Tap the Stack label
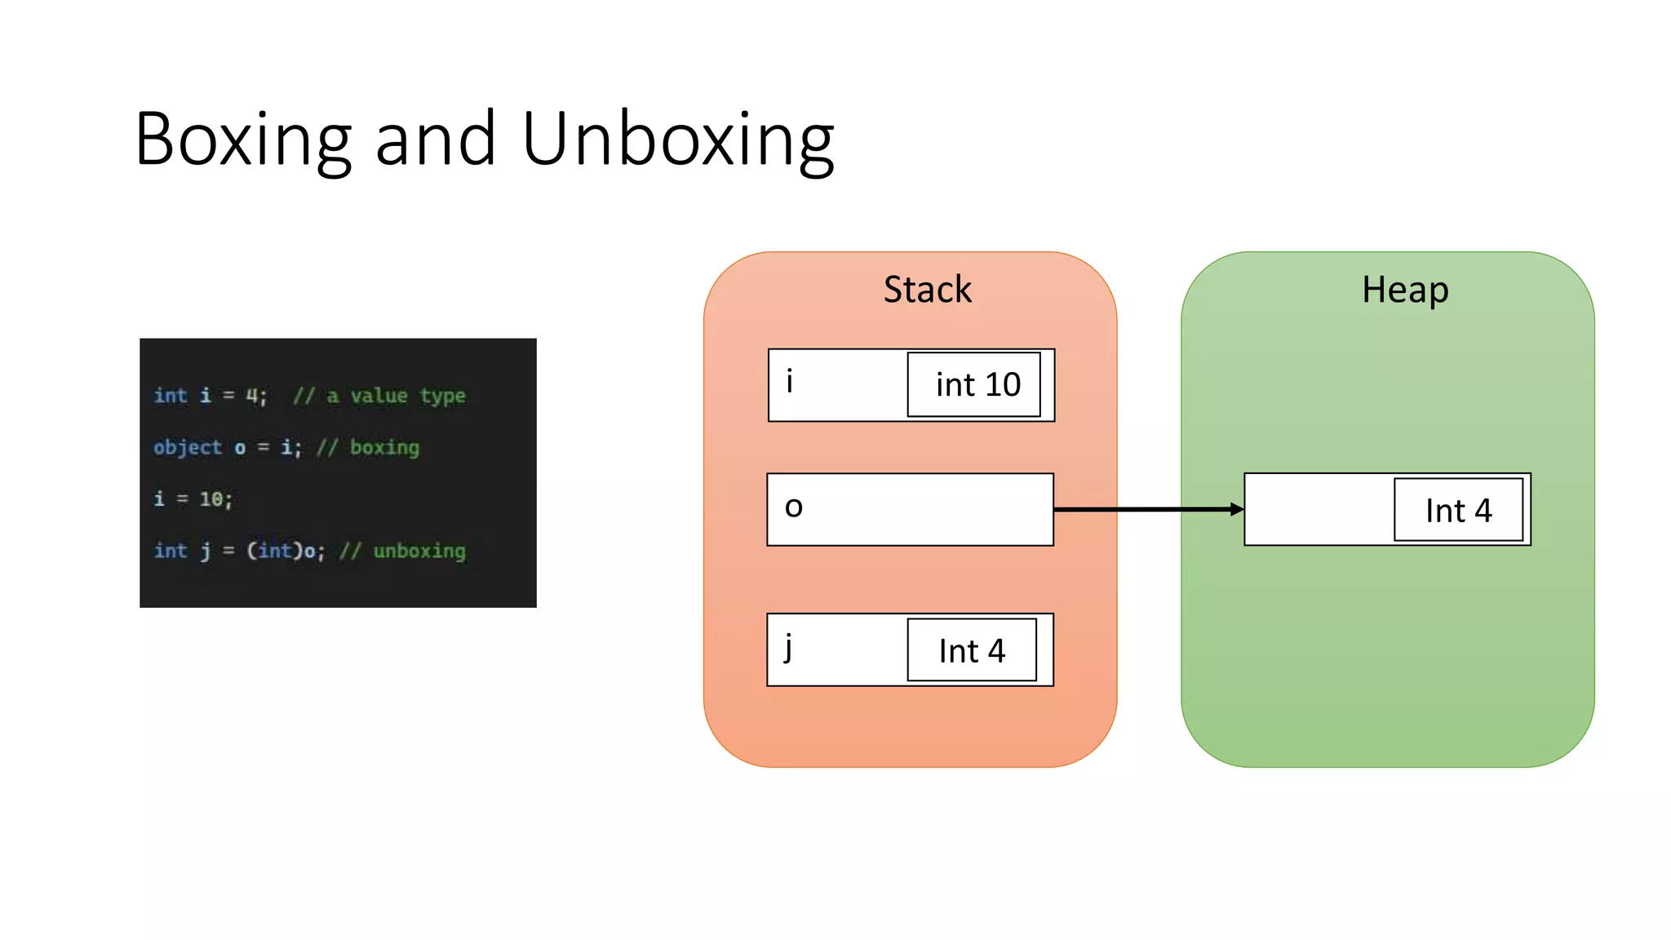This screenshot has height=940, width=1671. click(x=927, y=290)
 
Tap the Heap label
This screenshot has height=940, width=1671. click(x=1404, y=290)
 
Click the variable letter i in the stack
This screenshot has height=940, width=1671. click(x=789, y=381)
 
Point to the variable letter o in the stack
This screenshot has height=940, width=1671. click(x=793, y=508)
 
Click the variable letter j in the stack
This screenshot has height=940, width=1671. click(x=788, y=648)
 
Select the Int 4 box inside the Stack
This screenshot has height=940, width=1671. click(x=971, y=650)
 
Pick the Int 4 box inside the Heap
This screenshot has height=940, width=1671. click(x=1458, y=510)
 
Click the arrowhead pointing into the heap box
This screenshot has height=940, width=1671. click(x=1237, y=509)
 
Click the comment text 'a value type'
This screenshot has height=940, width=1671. click(x=396, y=396)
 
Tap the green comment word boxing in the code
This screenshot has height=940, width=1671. click(x=384, y=447)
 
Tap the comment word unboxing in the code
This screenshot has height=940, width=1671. click(x=419, y=551)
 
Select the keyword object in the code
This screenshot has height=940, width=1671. click(x=188, y=447)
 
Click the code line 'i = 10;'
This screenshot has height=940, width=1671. click(x=193, y=499)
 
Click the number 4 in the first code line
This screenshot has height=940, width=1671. click(x=252, y=396)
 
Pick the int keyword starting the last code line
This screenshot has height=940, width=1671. click(x=171, y=551)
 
